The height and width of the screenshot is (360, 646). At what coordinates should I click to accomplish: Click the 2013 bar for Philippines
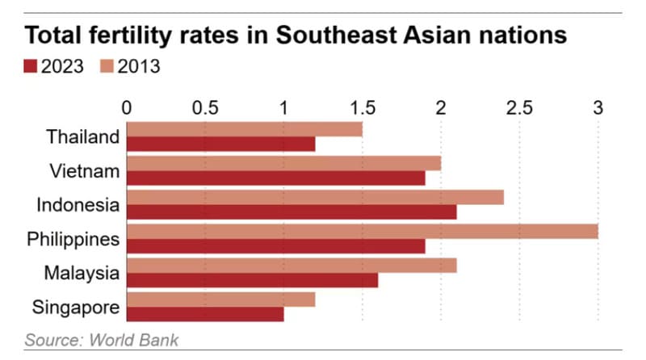(362, 231)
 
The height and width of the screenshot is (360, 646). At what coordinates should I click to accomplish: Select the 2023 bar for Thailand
(220, 144)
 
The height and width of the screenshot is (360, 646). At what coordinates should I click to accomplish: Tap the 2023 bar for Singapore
(205, 314)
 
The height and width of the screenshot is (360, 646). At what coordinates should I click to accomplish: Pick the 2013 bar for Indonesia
(315, 197)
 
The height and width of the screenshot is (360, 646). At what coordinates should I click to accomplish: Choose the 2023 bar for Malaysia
(252, 280)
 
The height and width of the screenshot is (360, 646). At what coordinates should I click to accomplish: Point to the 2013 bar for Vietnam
(283, 163)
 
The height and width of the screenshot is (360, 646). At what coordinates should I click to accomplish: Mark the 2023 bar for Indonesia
(292, 212)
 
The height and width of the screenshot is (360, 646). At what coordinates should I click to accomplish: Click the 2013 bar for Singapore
(220, 299)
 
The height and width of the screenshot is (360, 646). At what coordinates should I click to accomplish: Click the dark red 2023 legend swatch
(31, 67)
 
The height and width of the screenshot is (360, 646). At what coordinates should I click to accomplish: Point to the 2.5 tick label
(519, 107)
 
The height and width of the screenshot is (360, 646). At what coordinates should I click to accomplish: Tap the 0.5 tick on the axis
(205, 107)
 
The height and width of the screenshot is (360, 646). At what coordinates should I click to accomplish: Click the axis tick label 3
(598, 107)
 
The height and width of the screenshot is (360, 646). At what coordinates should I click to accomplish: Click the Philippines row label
(73, 239)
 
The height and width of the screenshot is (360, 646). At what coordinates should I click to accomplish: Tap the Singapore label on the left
(76, 307)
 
